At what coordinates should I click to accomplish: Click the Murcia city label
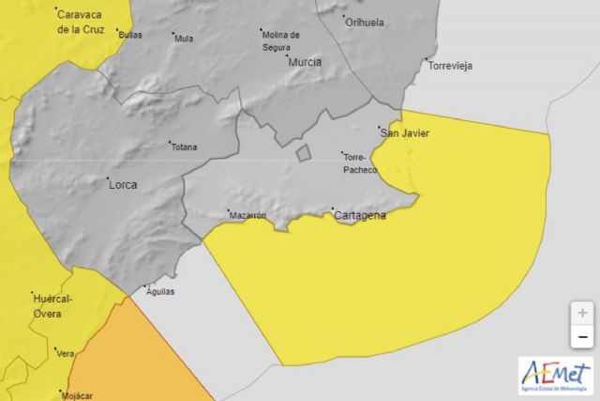305,62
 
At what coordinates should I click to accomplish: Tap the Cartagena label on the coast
360,215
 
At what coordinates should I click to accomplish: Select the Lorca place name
122,185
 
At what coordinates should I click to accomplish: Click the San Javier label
404,133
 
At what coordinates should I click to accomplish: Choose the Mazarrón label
248,215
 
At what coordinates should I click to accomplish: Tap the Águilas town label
159,291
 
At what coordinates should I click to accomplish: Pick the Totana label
184,147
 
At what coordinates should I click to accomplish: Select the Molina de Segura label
281,39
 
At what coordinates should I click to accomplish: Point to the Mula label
184,39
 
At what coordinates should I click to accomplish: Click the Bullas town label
132,34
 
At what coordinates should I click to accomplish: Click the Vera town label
66,354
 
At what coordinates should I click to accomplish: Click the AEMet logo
555,375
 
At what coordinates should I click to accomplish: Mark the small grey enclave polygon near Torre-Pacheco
304,153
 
